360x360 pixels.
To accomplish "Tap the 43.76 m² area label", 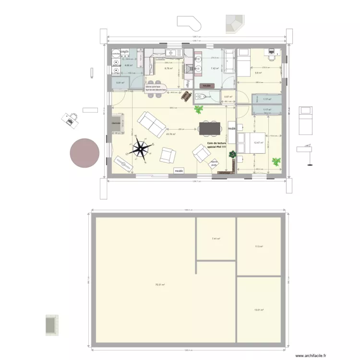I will point(170,134).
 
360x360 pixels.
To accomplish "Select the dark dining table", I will point(208,128).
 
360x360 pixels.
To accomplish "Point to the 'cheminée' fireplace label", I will point(116,123).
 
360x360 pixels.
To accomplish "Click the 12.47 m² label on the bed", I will point(258,143).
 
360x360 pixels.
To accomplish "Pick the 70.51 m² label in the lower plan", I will point(160,285).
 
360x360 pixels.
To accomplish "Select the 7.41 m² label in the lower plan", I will point(216,238).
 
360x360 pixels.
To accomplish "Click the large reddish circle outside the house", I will point(84,152).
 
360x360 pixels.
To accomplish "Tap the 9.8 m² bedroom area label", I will point(258,73).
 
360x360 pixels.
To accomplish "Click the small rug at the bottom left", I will point(51,324).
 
